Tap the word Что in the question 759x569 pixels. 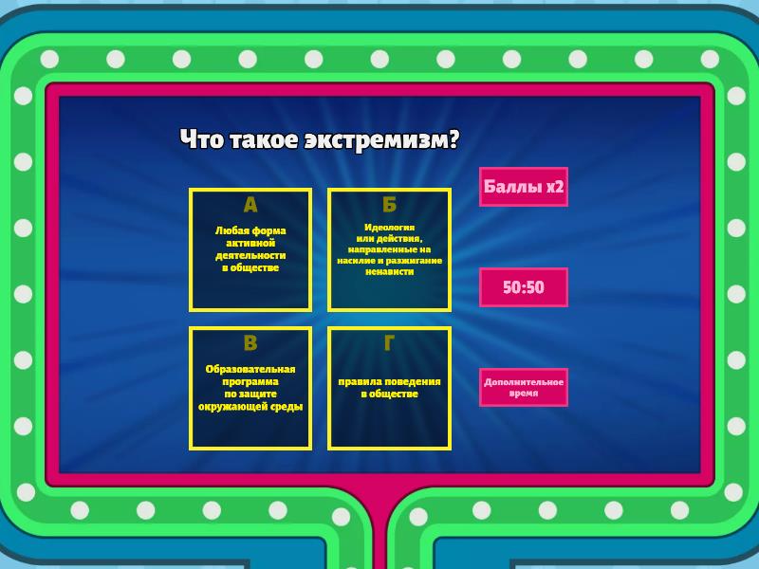tap(201, 139)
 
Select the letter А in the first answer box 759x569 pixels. tap(250, 205)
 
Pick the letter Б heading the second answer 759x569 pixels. tap(389, 205)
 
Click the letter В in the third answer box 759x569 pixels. tap(250, 343)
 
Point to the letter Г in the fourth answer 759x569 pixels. tap(389, 343)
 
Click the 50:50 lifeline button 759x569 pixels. tap(524, 287)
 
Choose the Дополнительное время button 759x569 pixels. tap(524, 388)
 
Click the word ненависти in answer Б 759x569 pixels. tap(389, 271)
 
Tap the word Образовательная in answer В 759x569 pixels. tap(250, 369)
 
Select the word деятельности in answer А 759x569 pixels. tap(250, 255)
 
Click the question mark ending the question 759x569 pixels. tap(454, 139)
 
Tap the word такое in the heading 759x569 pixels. tap(264, 139)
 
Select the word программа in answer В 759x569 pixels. tap(250, 382)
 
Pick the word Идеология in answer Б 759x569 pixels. tap(389, 228)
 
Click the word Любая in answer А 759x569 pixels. tap(231, 230)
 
